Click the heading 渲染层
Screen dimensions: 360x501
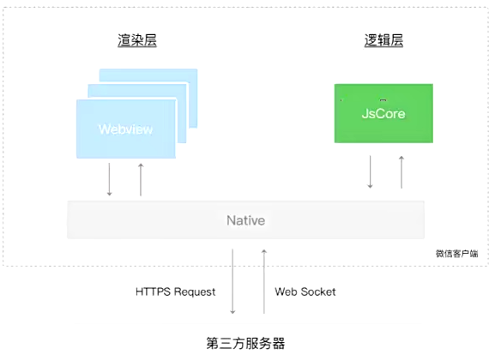pos(137,40)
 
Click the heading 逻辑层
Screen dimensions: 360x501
pos(383,40)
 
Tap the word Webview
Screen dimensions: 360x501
pos(125,129)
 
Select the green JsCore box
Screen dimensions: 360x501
pos(383,112)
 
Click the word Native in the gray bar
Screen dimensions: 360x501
pos(245,220)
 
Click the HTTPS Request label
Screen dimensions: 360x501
pos(176,291)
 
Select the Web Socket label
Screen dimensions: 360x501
pos(305,291)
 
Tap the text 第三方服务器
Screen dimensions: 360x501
pos(245,344)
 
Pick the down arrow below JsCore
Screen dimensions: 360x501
pos(370,171)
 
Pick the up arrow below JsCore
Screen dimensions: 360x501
pos(401,171)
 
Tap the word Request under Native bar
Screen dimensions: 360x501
pos(194,291)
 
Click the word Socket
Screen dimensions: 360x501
pos(319,291)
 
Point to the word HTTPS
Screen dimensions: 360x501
pos(153,291)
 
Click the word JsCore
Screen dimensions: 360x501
pos(383,113)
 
